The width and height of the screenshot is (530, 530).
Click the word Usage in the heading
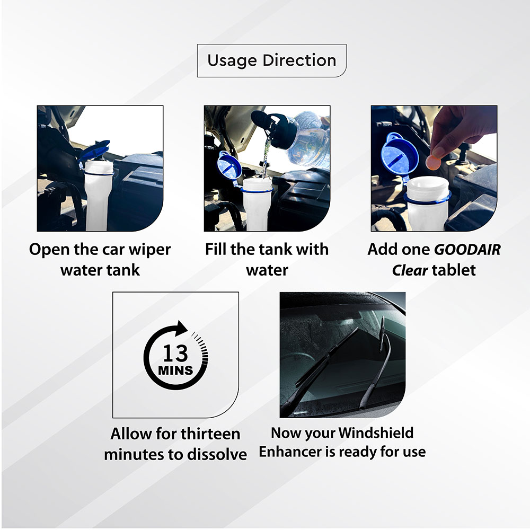click(x=232, y=61)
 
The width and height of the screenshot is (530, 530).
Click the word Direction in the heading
click(x=299, y=60)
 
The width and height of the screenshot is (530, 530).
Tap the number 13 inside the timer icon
click(x=175, y=353)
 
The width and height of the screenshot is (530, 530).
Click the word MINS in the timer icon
click(x=175, y=370)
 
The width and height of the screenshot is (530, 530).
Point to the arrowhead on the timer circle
click(x=181, y=328)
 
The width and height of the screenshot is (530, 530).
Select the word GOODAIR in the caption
click(x=467, y=250)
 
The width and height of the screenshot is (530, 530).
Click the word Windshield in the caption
click(x=376, y=432)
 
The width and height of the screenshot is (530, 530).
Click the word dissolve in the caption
click(x=217, y=454)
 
